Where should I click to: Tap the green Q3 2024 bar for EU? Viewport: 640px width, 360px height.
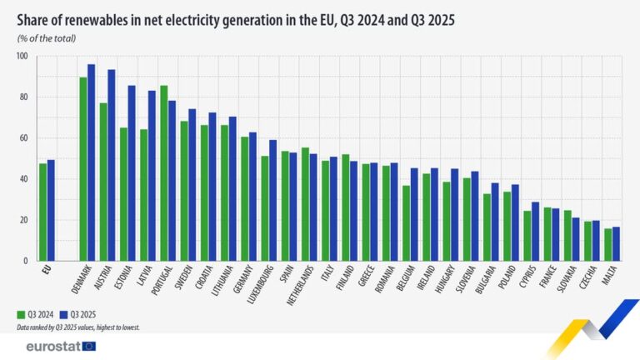42,212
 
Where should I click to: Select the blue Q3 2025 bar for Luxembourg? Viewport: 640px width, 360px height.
272,200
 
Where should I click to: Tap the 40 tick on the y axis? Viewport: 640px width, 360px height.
23,179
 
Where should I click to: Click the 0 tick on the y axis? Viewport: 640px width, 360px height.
26,261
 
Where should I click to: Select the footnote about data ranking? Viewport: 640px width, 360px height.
78,328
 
